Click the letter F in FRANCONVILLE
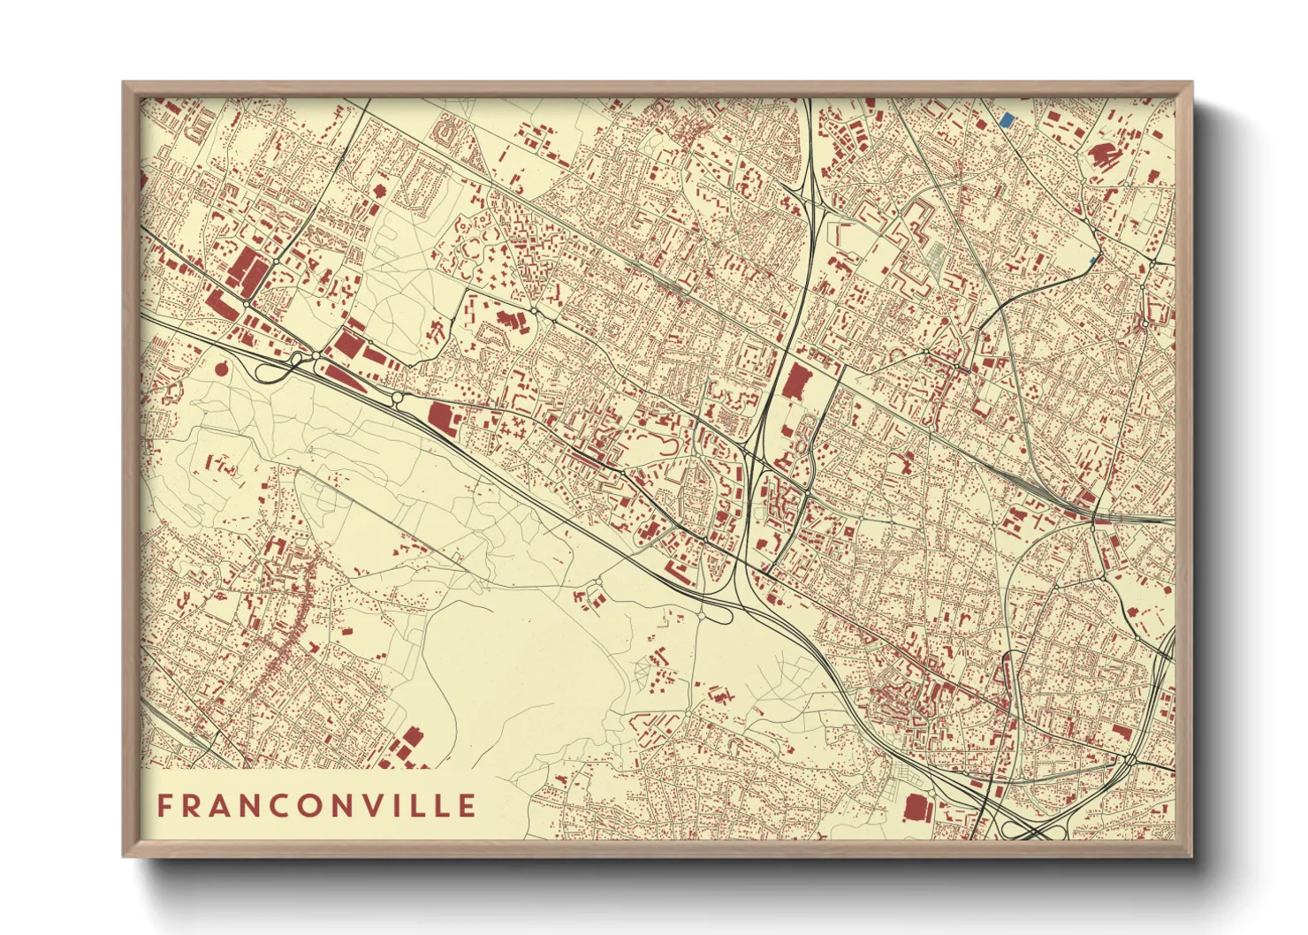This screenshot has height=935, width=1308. pyautogui.click(x=164, y=806)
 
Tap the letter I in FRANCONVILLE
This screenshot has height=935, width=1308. pyautogui.click(x=406, y=806)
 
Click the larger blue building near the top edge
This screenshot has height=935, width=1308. pyautogui.click(x=1006, y=119)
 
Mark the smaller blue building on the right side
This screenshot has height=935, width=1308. pyautogui.click(x=1094, y=260)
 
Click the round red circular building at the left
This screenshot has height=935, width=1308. pyautogui.click(x=220, y=367)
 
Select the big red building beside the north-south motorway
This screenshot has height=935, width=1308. pyautogui.click(x=795, y=382)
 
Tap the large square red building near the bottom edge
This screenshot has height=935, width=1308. pyautogui.click(x=916, y=808)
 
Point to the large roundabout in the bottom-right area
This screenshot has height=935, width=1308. pyautogui.click(x=1129, y=759)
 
